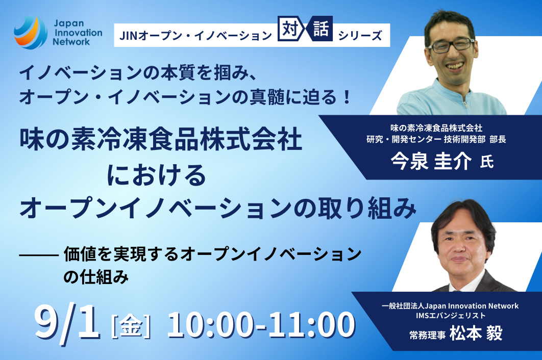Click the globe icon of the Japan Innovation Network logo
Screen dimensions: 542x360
31,33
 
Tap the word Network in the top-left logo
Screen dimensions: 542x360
71,42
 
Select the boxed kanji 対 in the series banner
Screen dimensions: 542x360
290,29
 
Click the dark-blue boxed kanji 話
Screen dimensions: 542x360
321,29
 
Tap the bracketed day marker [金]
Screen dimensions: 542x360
131,325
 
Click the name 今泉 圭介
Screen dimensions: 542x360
431,161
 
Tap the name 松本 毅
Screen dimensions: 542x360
476,333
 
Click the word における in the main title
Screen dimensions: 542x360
156,175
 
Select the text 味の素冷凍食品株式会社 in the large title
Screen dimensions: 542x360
161,140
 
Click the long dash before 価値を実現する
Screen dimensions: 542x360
39,255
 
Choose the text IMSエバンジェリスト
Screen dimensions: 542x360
451,316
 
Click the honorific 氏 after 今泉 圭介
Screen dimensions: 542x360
487,162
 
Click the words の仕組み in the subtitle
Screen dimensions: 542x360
96,277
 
